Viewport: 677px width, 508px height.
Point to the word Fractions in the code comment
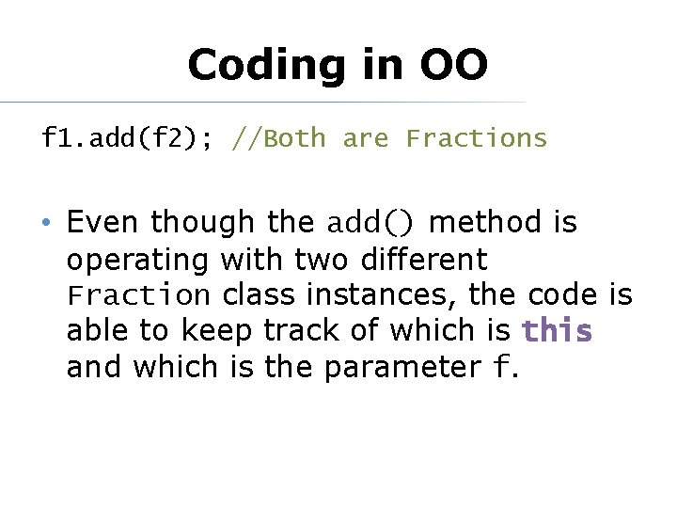[476, 139]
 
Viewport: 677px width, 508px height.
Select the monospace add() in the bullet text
[370, 223]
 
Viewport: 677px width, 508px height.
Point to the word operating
[139, 260]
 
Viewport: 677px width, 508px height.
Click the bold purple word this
[558, 331]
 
